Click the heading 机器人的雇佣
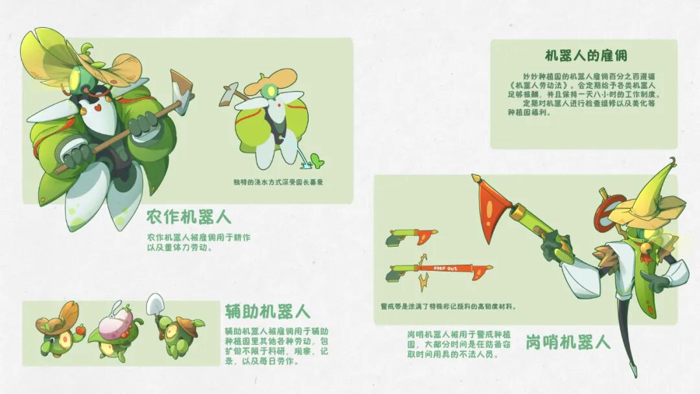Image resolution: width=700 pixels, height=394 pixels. pos(586,55)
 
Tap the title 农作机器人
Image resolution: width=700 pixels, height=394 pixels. pos(189,217)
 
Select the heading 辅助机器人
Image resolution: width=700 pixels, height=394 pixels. pos(267,312)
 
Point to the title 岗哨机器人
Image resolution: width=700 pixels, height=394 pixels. pos(567,342)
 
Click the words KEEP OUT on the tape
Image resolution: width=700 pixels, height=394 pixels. pos(445,268)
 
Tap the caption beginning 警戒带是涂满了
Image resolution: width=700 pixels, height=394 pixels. pos(449,306)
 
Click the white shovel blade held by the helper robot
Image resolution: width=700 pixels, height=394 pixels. pos(155,303)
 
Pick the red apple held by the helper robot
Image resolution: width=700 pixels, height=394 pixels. pos(80,330)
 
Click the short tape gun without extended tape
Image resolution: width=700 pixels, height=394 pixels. pos(411,236)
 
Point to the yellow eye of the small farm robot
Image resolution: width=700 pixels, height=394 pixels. pos(271,92)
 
